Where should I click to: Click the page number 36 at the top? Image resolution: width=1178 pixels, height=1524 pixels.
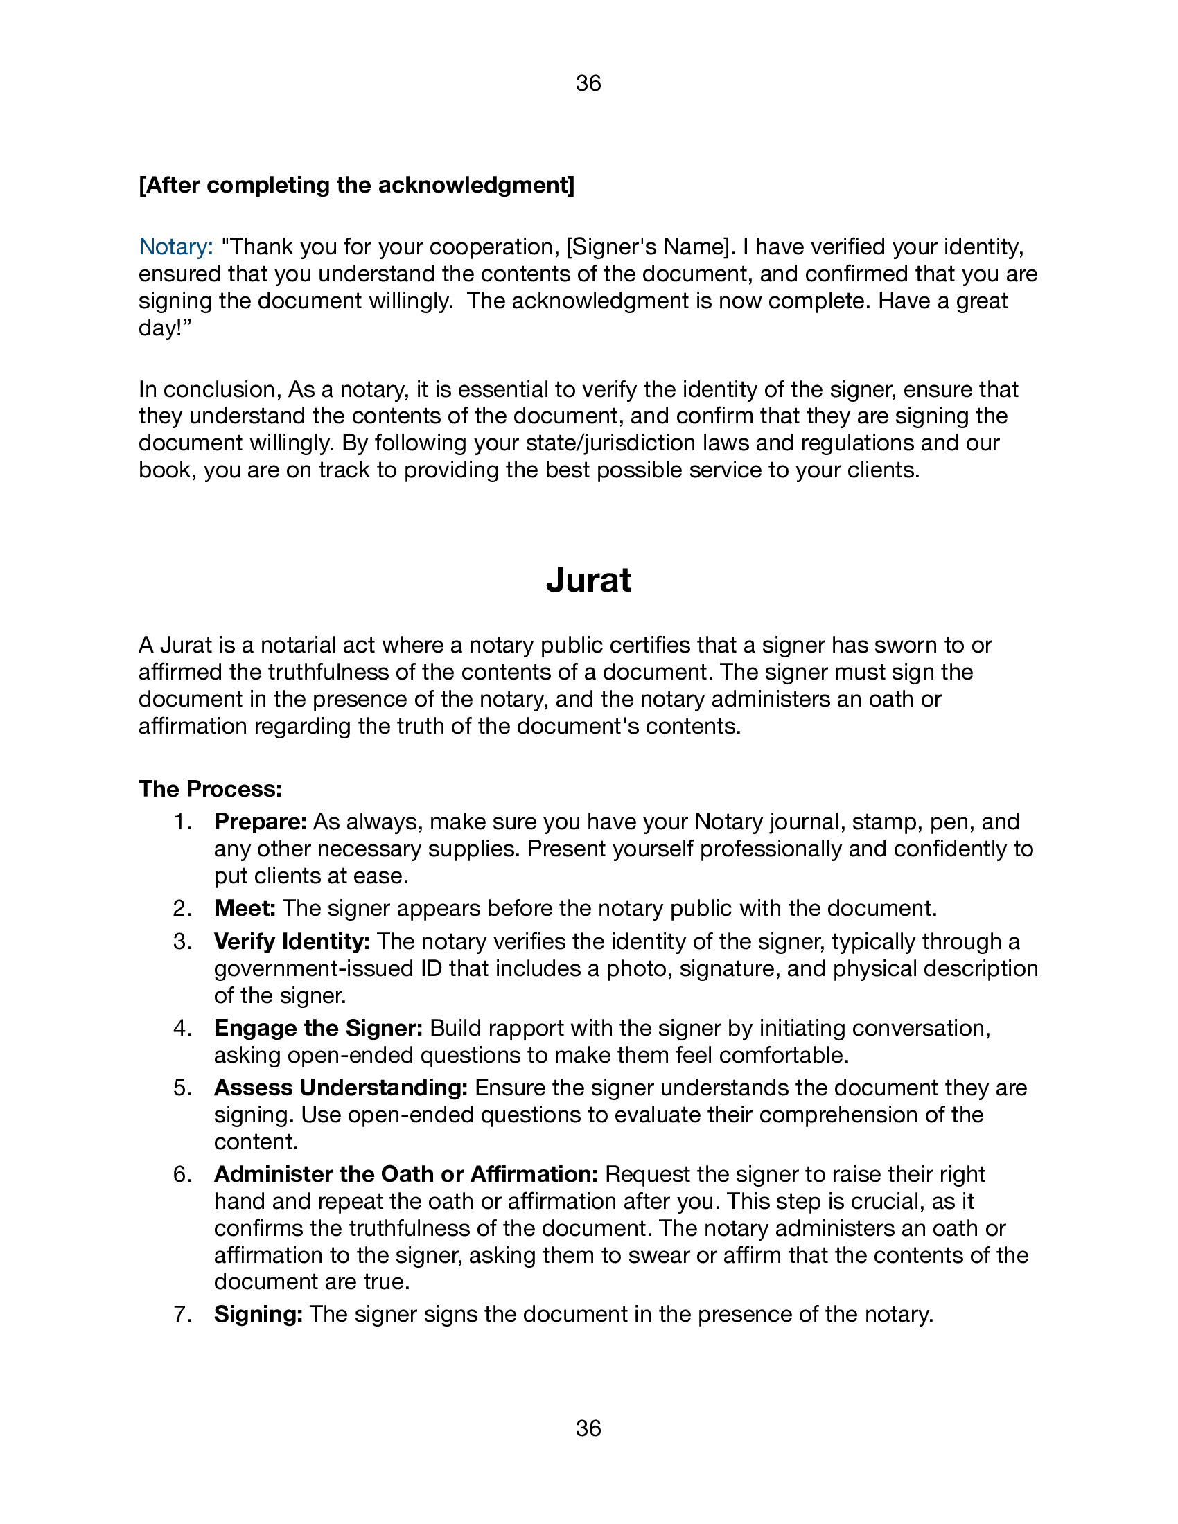pyautogui.click(x=588, y=84)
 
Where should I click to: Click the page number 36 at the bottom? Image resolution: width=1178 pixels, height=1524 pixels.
pyautogui.click(x=588, y=1428)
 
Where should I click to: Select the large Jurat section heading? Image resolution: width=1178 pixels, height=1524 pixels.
pyautogui.click(x=588, y=580)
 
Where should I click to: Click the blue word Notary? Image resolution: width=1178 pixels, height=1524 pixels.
pyautogui.click(x=176, y=247)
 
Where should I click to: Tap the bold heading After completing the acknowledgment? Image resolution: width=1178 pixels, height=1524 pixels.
pyautogui.click(x=357, y=186)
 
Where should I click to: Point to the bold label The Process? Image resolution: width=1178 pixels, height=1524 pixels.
pyautogui.click(x=210, y=789)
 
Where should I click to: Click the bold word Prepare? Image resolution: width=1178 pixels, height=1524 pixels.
pyautogui.click(x=261, y=822)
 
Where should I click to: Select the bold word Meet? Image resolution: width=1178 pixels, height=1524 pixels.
pyautogui.click(x=245, y=909)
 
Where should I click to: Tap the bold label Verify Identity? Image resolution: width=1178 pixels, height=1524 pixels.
pyautogui.click(x=292, y=942)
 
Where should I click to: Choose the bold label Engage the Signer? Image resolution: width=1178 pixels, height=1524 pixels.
pyautogui.click(x=318, y=1029)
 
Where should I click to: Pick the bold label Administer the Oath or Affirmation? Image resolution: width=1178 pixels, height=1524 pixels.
pyautogui.click(x=406, y=1174)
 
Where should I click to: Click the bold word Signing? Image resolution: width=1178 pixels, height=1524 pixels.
pyautogui.click(x=258, y=1315)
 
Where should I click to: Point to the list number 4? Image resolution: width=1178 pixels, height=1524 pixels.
pyautogui.click(x=182, y=1029)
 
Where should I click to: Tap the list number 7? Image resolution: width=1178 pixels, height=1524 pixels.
pyautogui.click(x=182, y=1315)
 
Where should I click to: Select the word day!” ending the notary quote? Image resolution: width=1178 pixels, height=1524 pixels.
pyautogui.click(x=165, y=328)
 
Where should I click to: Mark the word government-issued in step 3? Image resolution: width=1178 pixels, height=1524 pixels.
pyautogui.click(x=319, y=969)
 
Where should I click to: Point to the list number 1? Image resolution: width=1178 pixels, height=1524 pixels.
pyautogui.click(x=182, y=822)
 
